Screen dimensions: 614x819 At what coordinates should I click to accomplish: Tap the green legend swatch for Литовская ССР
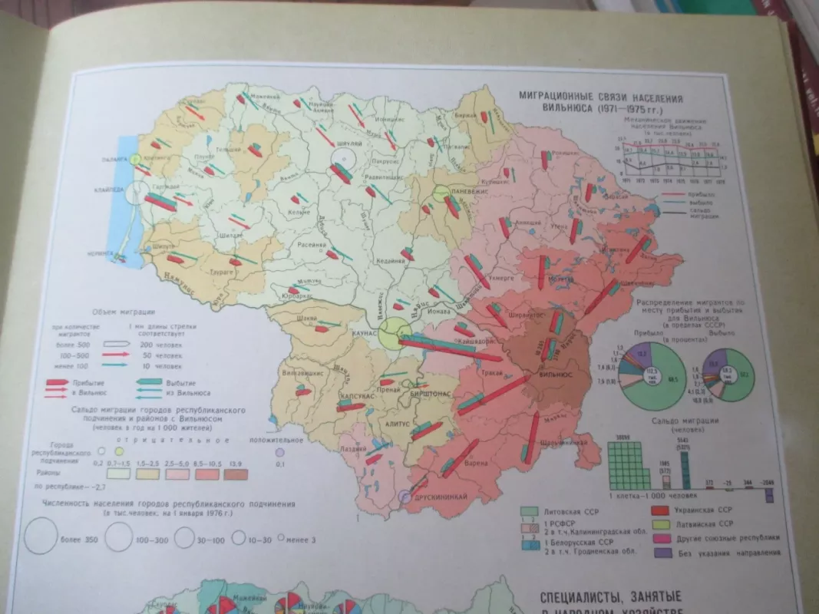(x=527, y=510)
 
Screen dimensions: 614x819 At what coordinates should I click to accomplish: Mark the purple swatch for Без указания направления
(x=658, y=552)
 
